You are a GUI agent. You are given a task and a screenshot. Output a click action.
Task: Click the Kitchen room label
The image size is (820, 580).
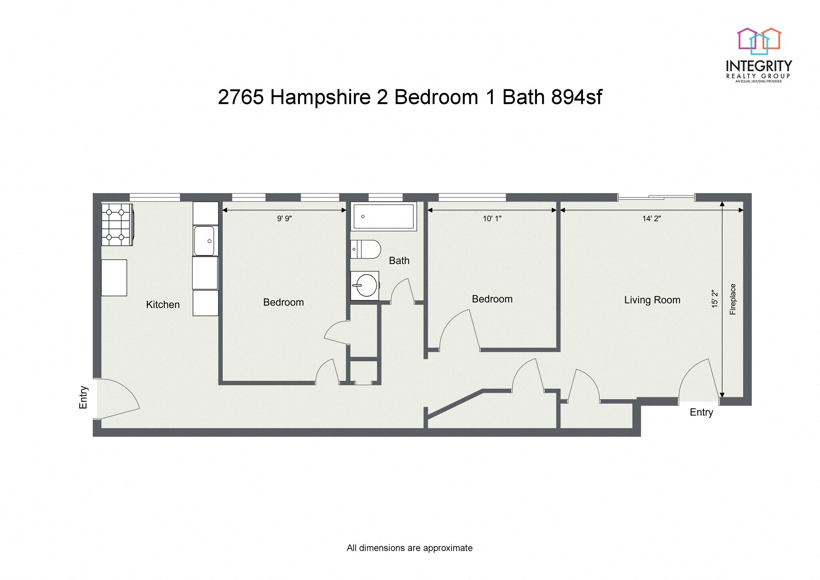pyautogui.click(x=163, y=304)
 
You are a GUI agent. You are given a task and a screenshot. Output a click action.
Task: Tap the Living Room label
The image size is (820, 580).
pyautogui.click(x=652, y=300)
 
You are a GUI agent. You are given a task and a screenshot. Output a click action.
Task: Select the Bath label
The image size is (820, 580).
pyautogui.click(x=399, y=261)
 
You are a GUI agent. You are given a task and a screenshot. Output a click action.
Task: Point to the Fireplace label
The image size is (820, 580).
pyautogui.click(x=733, y=299)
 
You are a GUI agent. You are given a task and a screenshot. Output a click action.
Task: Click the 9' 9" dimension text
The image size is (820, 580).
pyautogui.click(x=284, y=218)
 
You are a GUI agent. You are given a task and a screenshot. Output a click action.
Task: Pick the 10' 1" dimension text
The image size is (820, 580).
pyautogui.click(x=492, y=218)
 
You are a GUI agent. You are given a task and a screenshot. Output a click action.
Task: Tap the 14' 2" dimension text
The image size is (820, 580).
pyautogui.click(x=651, y=218)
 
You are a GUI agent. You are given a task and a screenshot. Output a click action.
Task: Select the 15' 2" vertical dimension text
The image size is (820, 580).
pyautogui.click(x=715, y=299)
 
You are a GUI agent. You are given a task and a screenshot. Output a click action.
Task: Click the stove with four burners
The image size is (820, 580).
pyautogui.click(x=117, y=225)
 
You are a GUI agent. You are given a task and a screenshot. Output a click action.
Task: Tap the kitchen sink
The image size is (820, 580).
pyautogui.click(x=205, y=241)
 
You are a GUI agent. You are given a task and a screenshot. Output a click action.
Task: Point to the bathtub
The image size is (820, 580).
pyautogui.click(x=383, y=216)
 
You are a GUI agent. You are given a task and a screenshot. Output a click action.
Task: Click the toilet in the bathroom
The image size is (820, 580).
pyautogui.click(x=365, y=249)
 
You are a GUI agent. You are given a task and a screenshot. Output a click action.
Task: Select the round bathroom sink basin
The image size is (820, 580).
pyautogui.click(x=366, y=285)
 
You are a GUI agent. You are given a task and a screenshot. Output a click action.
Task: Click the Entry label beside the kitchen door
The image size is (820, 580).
pyautogui.click(x=83, y=397)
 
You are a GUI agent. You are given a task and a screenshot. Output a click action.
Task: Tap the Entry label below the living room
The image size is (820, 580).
pyautogui.click(x=701, y=412)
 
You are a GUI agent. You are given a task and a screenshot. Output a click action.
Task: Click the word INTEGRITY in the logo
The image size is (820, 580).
pyautogui.click(x=758, y=66)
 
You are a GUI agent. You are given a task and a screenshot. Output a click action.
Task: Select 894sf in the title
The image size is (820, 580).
pyautogui.click(x=576, y=97)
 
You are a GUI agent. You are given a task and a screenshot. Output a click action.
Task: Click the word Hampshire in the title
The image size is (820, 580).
pyautogui.click(x=320, y=97)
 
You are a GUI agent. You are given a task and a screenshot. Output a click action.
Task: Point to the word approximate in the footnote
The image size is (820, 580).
pyautogui.click(x=448, y=548)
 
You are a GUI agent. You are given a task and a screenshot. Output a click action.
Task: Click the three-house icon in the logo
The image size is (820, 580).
pyautogui.click(x=759, y=41)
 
